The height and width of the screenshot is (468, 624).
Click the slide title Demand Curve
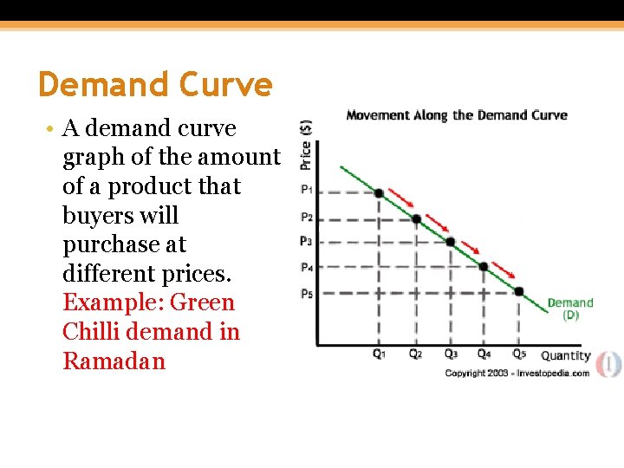click(x=155, y=85)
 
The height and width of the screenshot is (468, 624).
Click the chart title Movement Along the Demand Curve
click(x=457, y=115)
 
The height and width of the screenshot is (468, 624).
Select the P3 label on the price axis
click(x=307, y=241)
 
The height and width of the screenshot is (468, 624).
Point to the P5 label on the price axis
click(x=307, y=293)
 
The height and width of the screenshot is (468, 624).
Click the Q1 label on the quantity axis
click(x=380, y=354)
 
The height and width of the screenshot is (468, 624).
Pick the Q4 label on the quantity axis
click(x=484, y=354)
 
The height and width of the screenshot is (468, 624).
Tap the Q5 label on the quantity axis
click(x=518, y=354)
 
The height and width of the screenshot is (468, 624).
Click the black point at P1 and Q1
click(x=379, y=192)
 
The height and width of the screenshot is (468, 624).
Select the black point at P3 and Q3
click(x=450, y=242)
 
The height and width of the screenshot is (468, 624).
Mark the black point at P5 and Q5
click(x=518, y=291)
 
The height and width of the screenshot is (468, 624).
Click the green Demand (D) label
click(x=570, y=309)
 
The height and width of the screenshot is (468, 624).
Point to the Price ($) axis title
click(x=306, y=144)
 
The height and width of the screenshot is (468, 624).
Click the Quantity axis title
click(x=565, y=355)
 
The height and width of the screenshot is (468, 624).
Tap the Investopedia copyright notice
click(x=517, y=373)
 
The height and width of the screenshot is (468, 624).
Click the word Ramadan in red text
click(x=114, y=361)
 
